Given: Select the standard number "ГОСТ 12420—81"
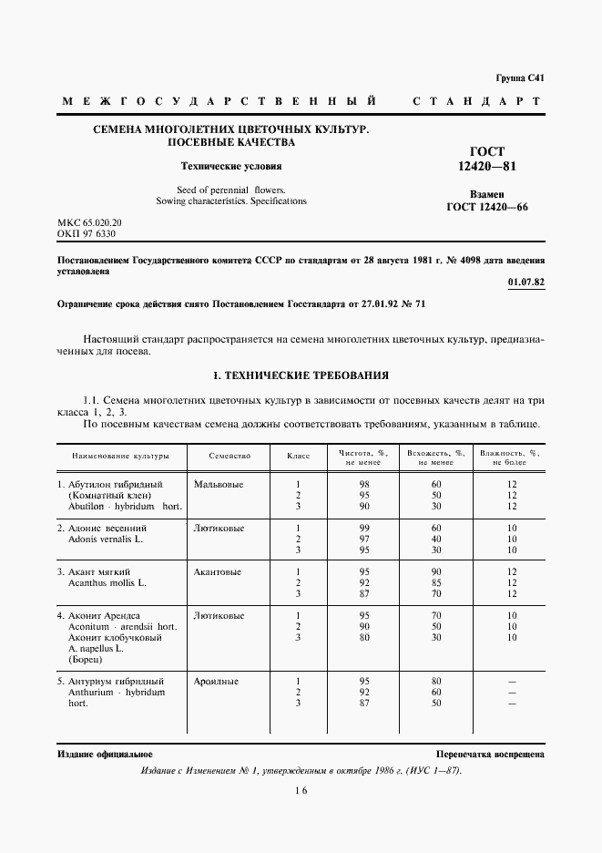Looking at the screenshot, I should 486,159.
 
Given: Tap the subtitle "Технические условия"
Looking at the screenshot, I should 230,167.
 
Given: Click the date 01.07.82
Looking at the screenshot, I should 527,282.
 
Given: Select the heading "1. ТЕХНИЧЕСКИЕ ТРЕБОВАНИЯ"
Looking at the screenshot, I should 300,375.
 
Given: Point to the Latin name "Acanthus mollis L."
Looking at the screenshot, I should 107,582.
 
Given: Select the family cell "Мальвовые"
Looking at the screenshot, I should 219,484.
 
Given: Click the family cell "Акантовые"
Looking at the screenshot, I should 218,571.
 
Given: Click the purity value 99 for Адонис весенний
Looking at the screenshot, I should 364,528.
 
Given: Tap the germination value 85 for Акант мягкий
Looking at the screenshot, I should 436,582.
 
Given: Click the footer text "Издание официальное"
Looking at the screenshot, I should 105,755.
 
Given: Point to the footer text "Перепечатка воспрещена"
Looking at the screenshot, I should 490,755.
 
